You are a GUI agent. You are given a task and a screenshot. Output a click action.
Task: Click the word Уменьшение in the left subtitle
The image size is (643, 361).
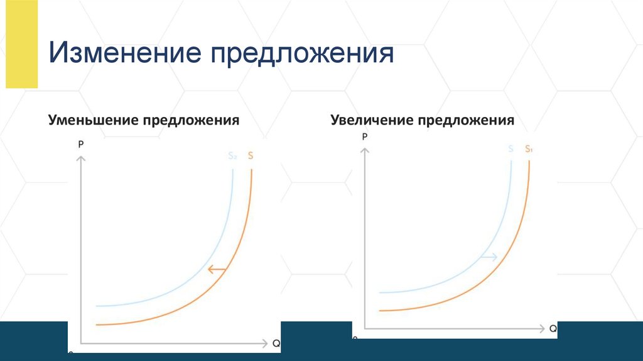[x=93, y=119]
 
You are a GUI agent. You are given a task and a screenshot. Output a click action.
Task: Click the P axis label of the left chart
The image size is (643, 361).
[x=81, y=144]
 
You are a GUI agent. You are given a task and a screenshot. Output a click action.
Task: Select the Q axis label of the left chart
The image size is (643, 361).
[x=276, y=343]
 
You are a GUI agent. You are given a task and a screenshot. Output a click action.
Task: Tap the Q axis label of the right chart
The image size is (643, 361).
[x=553, y=328]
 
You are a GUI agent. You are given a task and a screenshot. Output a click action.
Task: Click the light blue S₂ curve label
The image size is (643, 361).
[x=232, y=157]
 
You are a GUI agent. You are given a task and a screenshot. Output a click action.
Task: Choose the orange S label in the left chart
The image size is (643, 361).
[x=251, y=156]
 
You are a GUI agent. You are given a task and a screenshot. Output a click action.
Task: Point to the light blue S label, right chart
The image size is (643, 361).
[x=511, y=149]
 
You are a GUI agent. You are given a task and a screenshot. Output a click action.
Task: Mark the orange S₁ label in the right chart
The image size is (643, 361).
[x=529, y=149]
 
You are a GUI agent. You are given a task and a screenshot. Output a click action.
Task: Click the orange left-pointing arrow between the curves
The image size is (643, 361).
[x=217, y=270]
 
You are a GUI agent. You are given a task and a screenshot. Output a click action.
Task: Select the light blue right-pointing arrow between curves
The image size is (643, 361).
[x=488, y=257]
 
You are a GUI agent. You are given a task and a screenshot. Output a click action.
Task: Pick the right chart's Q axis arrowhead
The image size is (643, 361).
[x=543, y=328]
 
